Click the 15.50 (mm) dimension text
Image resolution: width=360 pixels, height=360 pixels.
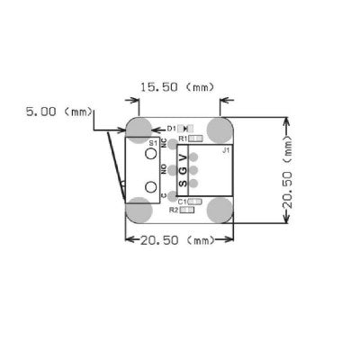176,87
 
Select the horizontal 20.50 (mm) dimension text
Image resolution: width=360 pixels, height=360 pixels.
177,240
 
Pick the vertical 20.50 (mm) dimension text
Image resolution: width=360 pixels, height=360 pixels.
289,172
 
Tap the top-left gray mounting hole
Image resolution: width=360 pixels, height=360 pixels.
139,129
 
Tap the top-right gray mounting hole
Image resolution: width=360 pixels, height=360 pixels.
219,129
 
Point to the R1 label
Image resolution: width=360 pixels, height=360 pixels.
182,139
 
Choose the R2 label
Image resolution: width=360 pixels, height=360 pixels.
174,211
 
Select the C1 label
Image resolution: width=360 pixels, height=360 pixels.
182,201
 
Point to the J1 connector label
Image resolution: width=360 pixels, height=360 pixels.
225,150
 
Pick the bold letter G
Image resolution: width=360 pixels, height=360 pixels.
184,171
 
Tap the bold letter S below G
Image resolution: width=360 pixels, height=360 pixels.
184,184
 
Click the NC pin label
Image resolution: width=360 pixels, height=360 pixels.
163,144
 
